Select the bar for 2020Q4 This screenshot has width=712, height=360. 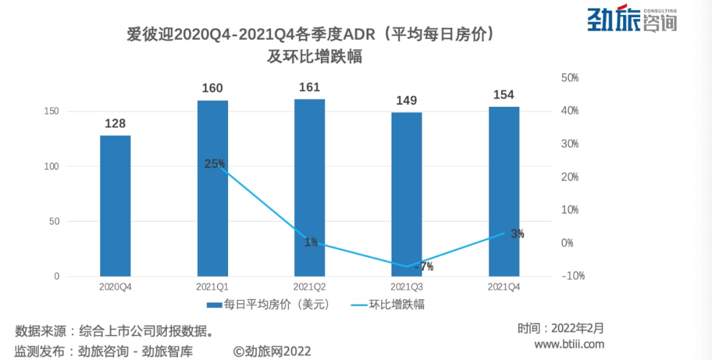[x=115, y=206]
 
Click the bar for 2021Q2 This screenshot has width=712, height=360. [x=309, y=187]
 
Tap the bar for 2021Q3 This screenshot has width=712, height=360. [x=406, y=194]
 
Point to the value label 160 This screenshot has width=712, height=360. [x=212, y=88]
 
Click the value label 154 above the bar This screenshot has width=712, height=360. [x=503, y=95]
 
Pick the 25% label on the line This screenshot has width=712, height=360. [x=214, y=164]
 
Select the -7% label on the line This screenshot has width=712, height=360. [x=424, y=267]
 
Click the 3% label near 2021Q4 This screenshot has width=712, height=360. [x=518, y=233]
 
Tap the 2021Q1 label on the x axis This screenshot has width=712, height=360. [x=212, y=287]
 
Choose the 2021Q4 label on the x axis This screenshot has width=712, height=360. [x=504, y=287]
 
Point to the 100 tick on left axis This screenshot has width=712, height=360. [x=51, y=166]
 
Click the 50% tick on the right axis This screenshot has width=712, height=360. [x=570, y=78]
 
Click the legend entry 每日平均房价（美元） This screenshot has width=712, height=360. [x=267, y=305]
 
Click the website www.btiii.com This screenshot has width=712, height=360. [x=568, y=344]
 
